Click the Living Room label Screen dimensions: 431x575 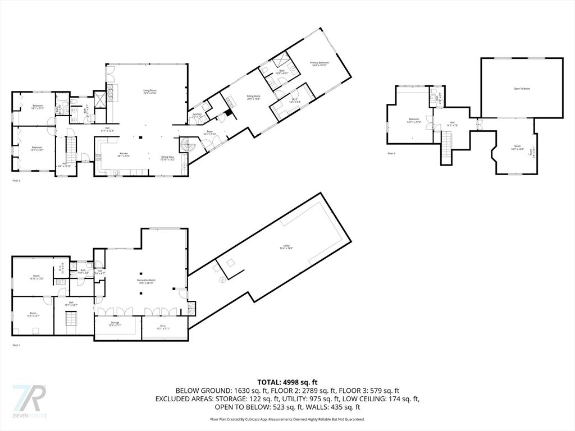[149, 91]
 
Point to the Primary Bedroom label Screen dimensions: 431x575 [319, 64]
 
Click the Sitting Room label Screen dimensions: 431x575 [254, 98]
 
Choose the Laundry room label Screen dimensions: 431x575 [197, 115]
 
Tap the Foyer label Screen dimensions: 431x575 [209, 133]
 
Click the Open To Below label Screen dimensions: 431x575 [522, 89]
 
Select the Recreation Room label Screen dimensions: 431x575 [146, 281]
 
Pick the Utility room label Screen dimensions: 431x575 [287, 247]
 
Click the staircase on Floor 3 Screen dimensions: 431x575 [448, 145]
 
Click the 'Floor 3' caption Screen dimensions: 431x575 [391, 153]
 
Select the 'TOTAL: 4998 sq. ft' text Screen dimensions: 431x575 [287, 382]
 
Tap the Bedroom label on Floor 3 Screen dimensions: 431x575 [414, 120]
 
